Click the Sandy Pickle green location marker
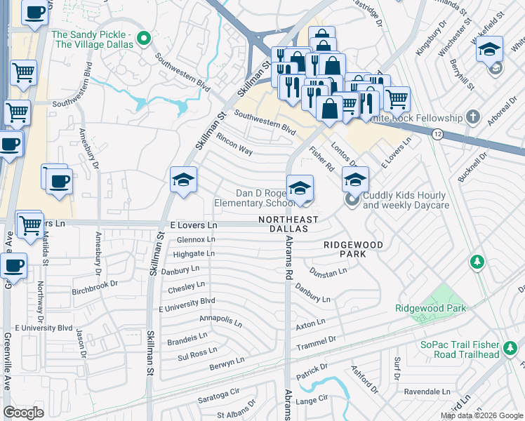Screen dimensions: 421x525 [x=145, y=37]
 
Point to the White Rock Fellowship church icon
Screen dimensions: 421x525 [x=474, y=116]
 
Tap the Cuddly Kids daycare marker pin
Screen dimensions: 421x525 [x=352, y=200]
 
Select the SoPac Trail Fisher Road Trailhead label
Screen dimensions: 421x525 [x=460, y=349]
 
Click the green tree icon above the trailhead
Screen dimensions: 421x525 [x=477, y=262]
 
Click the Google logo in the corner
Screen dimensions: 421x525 [x=23, y=413]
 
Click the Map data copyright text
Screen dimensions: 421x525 [x=481, y=415]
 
